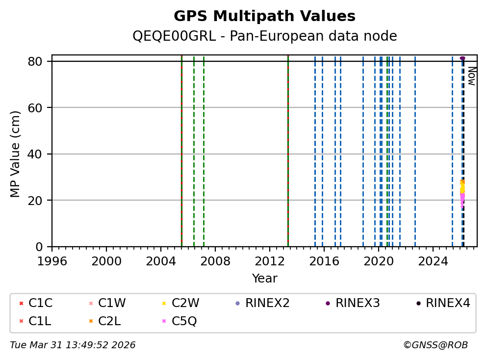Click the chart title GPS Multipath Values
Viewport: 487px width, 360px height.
(x=264, y=16)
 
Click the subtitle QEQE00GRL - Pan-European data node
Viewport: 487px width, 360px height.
(x=264, y=36)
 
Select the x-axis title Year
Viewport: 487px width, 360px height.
(x=264, y=279)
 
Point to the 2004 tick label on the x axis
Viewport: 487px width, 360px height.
(x=161, y=260)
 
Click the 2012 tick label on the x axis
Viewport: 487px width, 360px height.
(x=270, y=260)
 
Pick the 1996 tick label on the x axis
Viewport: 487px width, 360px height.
(x=52, y=260)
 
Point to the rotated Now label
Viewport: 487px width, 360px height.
(x=471, y=76)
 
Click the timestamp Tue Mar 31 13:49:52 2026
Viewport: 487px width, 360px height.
(x=73, y=345)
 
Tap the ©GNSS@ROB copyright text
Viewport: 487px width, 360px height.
(x=435, y=345)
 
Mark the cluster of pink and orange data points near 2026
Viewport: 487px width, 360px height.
(x=462, y=193)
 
